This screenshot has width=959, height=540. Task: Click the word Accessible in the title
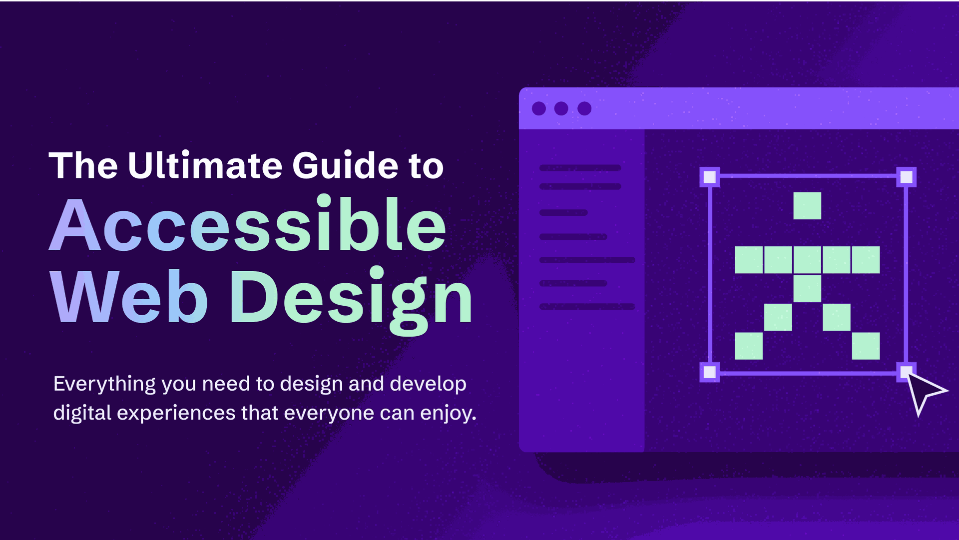click(248, 224)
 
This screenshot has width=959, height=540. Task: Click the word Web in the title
click(129, 296)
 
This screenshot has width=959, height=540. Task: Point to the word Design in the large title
click(351, 300)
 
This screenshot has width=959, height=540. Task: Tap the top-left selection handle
click(710, 177)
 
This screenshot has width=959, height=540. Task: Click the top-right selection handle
click(907, 177)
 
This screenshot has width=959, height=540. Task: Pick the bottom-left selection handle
click(710, 372)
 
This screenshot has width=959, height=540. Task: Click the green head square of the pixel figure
click(807, 206)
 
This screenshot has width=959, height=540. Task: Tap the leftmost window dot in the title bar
click(539, 108)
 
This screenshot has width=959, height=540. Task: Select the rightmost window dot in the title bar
click(584, 108)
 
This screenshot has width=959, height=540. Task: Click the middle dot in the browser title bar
click(561, 108)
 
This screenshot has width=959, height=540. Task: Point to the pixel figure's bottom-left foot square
click(749, 346)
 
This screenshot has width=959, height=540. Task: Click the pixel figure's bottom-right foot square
click(866, 346)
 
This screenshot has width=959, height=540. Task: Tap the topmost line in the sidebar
click(580, 168)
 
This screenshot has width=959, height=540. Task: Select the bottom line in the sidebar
click(587, 307)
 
